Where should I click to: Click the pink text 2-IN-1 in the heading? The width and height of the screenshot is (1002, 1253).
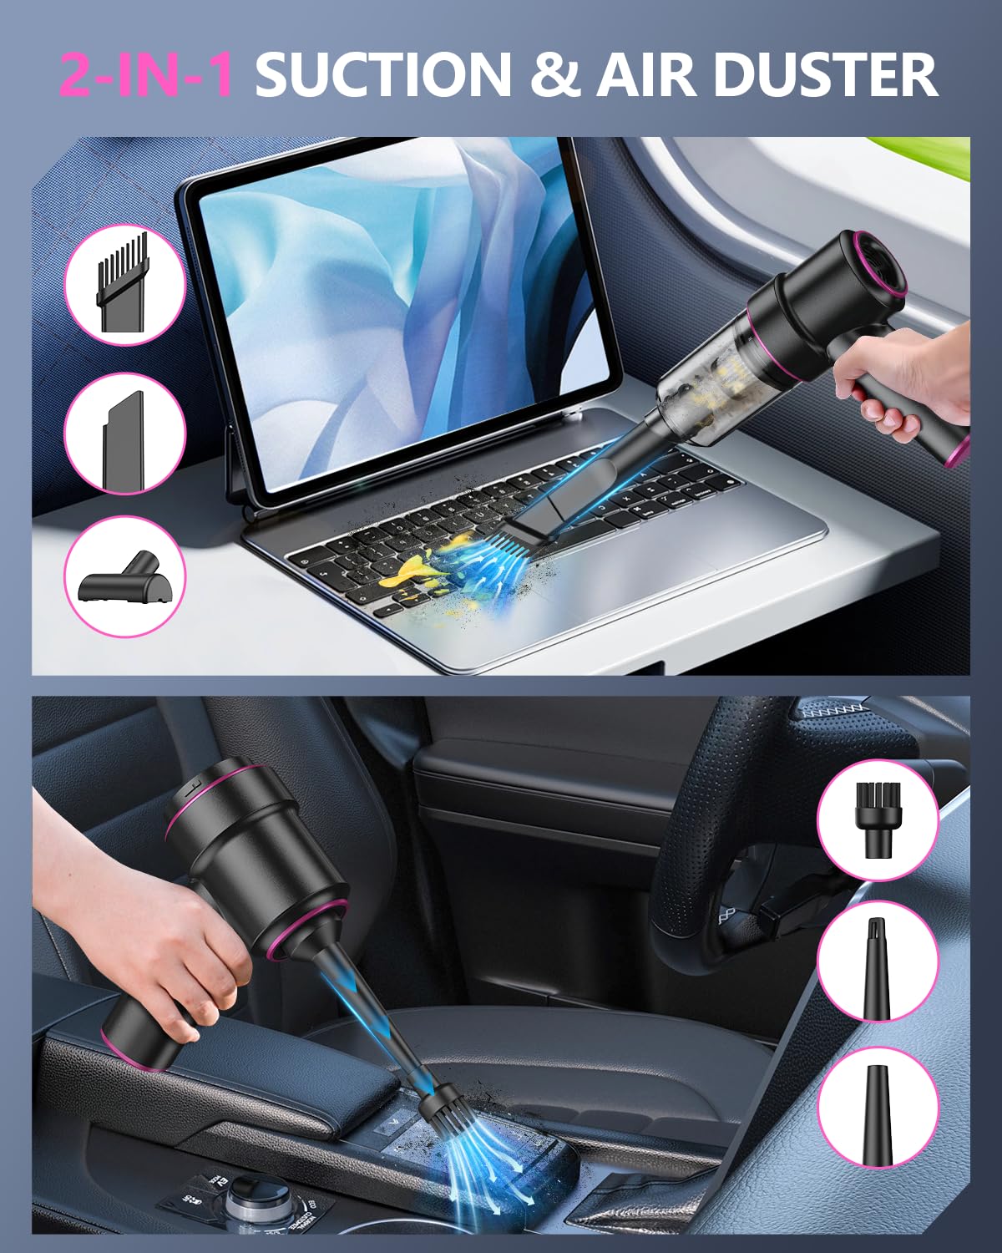point(145,75)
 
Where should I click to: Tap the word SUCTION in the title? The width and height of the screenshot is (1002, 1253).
point(382,75)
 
